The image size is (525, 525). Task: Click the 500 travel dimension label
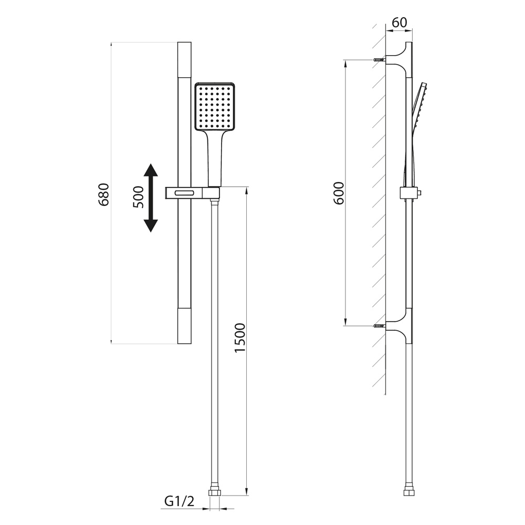(138, 197)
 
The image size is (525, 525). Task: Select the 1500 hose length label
(240, 338)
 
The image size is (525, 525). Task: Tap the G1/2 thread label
(179, 501)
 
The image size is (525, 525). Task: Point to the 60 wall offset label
(399, 23)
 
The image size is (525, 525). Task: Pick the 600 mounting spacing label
(339, 193)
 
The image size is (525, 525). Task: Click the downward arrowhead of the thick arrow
(151, 226)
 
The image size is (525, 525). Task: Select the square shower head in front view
(215, 107)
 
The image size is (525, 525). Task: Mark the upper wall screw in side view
(379, 60)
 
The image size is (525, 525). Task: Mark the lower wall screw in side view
(379, 325)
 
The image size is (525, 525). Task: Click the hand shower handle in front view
(214, 158)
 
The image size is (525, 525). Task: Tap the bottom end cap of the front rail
(184, 326)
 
